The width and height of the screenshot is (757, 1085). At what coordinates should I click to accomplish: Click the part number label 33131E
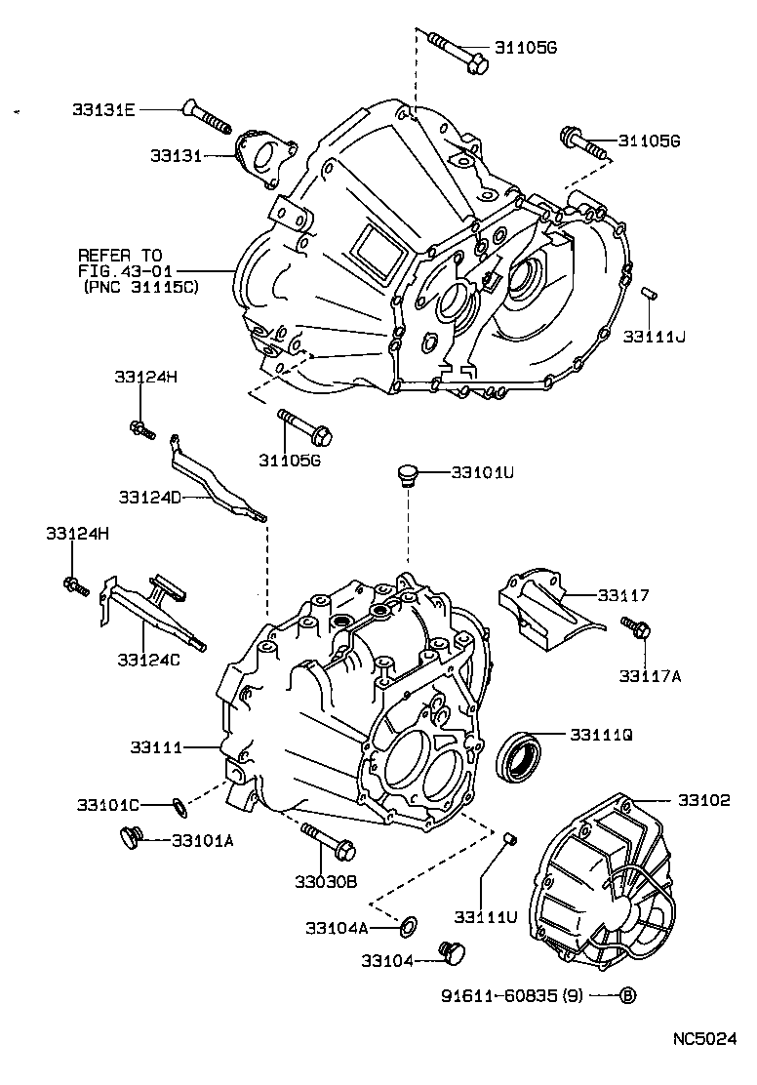click(x=102, y=111)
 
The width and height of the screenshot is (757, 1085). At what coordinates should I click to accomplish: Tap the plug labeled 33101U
click(x=407, y=476)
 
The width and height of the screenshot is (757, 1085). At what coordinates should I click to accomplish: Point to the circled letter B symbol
click(x=628, y=996)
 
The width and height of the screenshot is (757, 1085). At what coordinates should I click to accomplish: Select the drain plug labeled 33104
click(x=452, y=952)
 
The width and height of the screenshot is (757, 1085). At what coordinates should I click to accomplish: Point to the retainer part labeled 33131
click(x=262, y=157)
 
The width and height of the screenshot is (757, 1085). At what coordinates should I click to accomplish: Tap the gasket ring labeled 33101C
click(x=179, y=805)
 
